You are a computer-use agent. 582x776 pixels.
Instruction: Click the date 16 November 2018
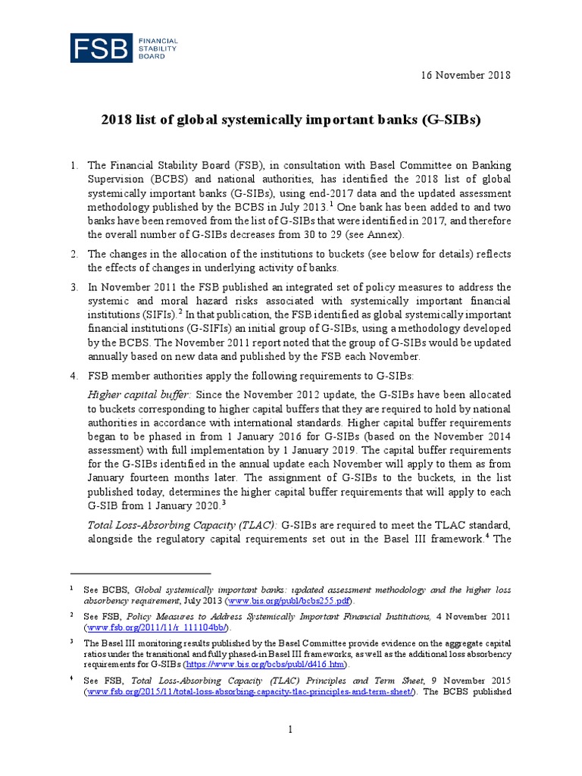pos(466,75)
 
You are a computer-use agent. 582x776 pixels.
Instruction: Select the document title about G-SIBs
pos(292,120)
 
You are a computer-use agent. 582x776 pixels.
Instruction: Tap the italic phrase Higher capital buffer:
pos(141,394)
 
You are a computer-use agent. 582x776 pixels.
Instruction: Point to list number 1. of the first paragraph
pos(74,165)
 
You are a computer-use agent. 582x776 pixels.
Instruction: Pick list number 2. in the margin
pos(74,252)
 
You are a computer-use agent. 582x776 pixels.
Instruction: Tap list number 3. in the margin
pos(74,287)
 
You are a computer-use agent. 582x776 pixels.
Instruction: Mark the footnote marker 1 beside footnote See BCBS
pos(70,587)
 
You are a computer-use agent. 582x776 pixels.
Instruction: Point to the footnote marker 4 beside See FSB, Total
pos(70,680)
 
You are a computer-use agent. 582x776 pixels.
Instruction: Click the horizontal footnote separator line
pos(140,574)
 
